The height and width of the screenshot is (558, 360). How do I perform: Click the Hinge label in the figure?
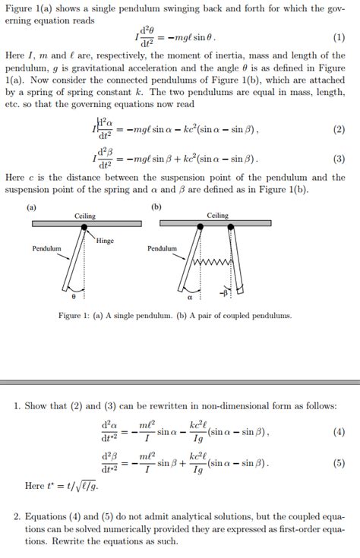(105, 241)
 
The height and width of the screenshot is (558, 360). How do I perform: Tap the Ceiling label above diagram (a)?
(85, 216)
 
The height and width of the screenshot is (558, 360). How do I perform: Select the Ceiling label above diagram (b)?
(218, 216)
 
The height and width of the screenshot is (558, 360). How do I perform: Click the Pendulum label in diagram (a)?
(46, 248)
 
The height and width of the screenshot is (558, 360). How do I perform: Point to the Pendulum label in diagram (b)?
(162, 248)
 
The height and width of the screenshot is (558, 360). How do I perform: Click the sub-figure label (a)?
(31, 206)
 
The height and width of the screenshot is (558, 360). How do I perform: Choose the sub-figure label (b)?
(156, 206)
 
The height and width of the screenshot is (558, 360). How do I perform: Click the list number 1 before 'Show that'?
(17, 407)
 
